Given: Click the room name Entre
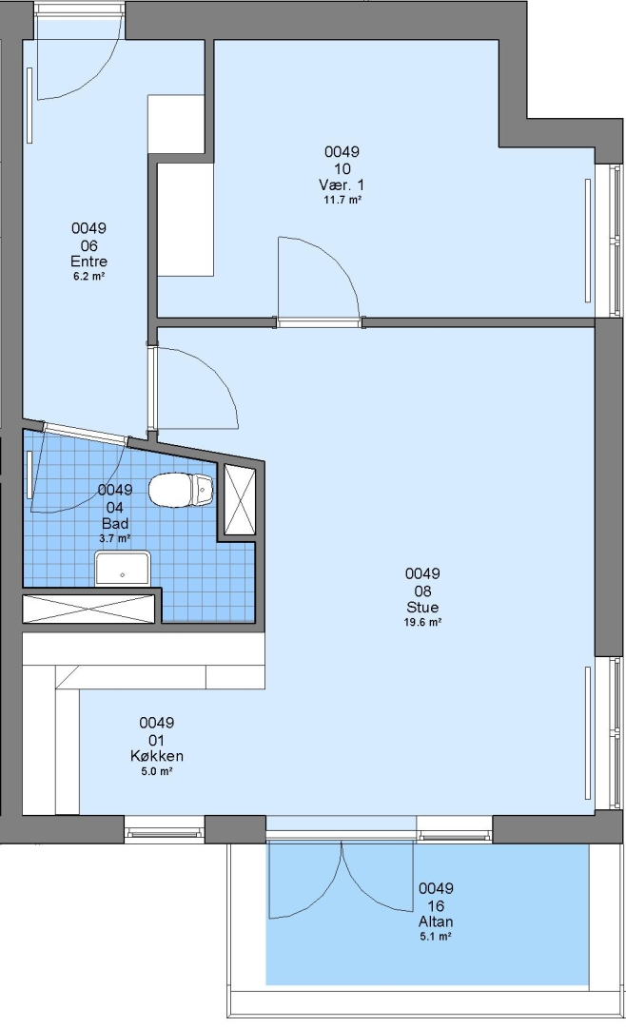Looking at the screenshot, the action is [88, 262].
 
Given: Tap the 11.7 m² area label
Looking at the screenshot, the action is [342, 200].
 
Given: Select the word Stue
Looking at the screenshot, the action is [422, 607].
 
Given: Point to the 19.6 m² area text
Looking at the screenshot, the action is [422, 622].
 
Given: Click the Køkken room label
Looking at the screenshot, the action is [157, 756].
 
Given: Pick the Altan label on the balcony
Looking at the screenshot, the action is [436, 921].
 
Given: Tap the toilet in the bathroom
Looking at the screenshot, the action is [181, 490].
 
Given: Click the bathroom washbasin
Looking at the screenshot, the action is [123, 568].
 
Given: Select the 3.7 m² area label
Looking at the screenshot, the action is [115, 538].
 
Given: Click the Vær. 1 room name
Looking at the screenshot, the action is [342, 184].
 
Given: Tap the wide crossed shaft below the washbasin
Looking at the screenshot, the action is [90, 609].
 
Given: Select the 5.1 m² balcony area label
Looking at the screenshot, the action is [436, 937].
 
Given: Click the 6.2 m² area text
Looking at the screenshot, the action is [89, 277].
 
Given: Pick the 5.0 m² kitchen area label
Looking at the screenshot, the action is [157, 771].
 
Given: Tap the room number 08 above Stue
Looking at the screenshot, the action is [422, 591].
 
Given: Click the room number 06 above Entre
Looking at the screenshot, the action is [89, 245].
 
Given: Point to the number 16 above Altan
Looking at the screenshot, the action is [436, 906].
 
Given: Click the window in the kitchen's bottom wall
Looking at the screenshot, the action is [165, 832].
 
